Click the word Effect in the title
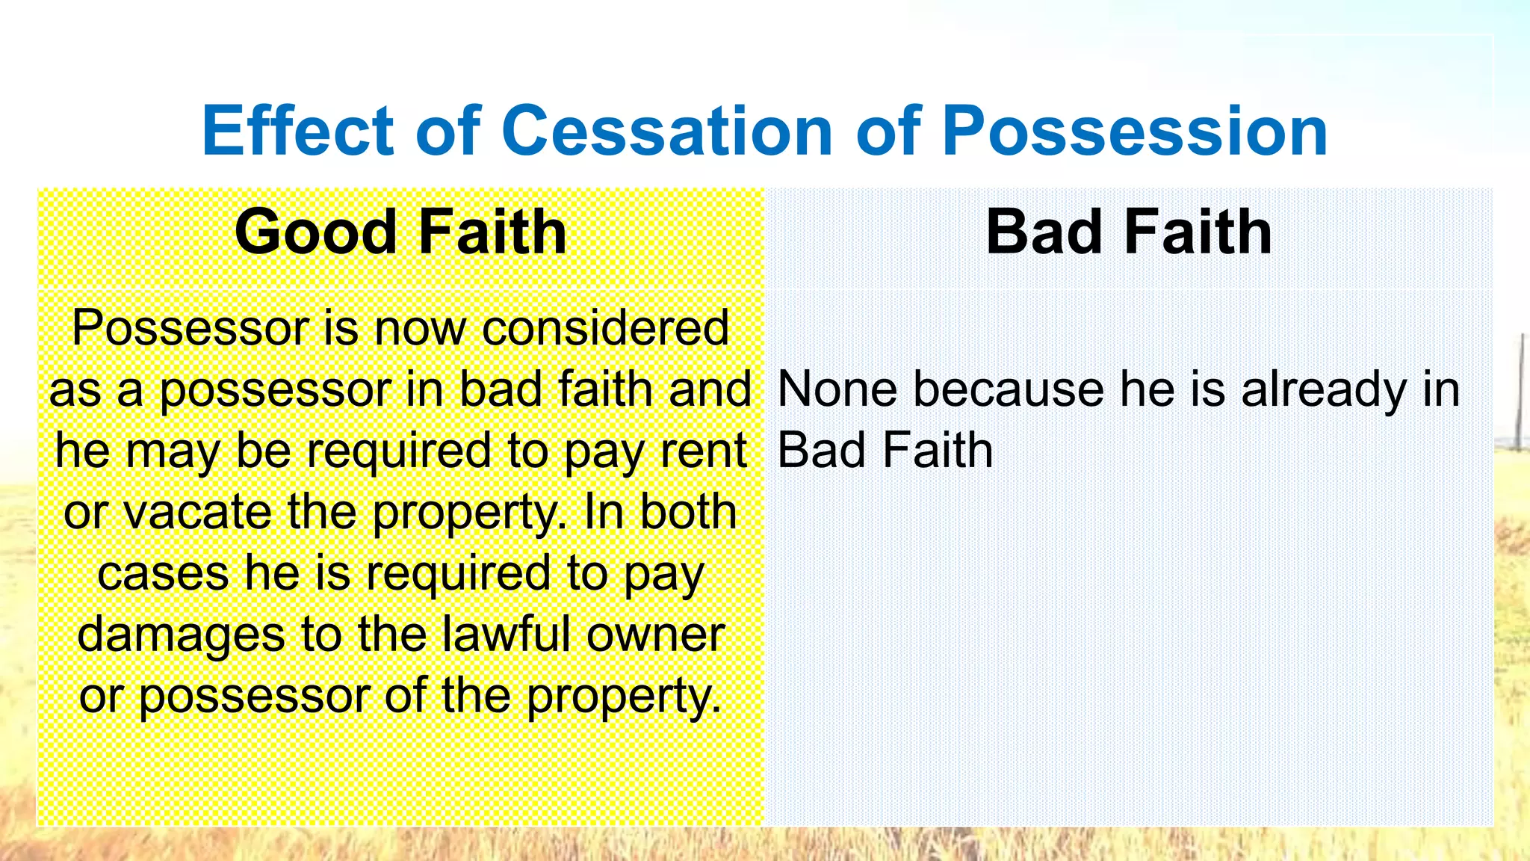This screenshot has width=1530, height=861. point(297,131)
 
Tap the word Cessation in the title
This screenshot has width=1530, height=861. point(667,131)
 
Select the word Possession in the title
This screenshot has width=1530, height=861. point(1135,131)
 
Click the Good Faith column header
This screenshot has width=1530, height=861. point(400,232)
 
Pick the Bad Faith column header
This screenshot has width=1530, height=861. point(1128,232)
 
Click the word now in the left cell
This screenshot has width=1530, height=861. point(420,328)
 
